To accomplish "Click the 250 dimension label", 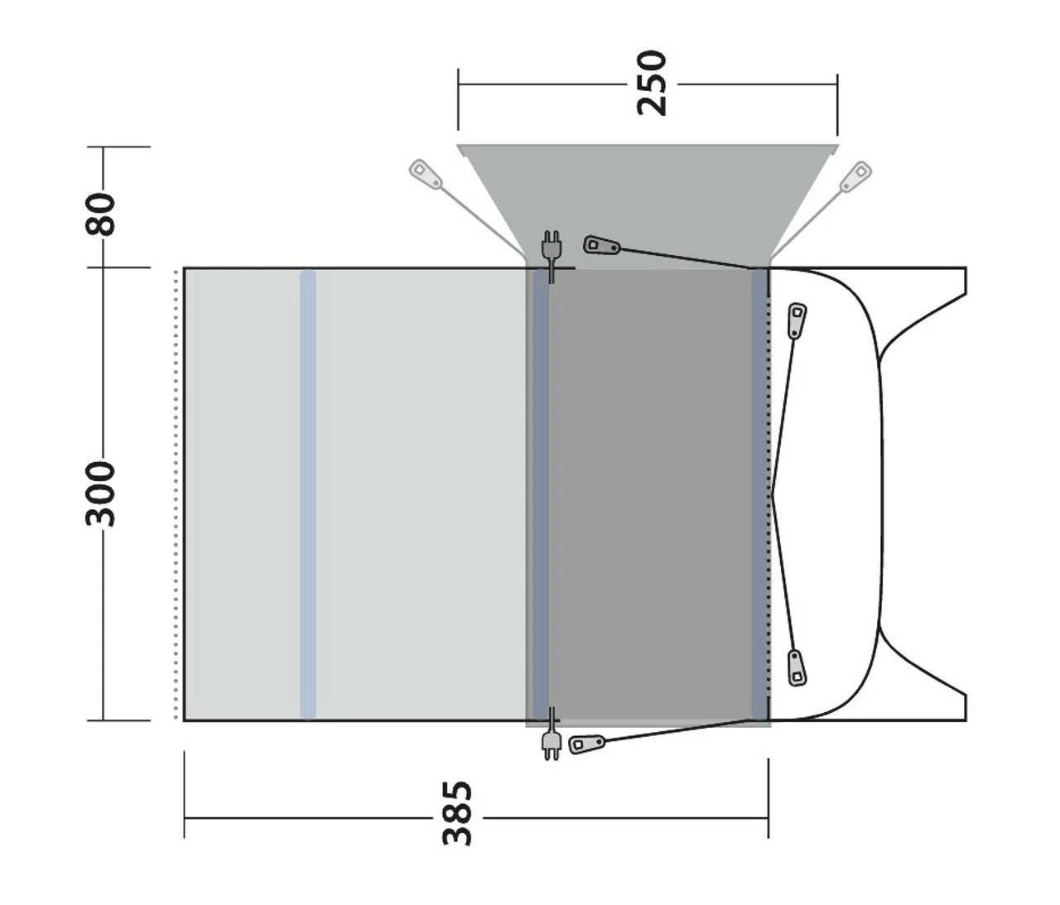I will click(x=651, y=83).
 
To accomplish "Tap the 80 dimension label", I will click(x=102, y=213).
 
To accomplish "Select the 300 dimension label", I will click(x=102, y=493).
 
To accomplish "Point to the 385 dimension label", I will click(x=457, y=813).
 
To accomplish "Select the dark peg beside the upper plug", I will click(x=600, y=246).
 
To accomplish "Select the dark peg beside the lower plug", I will click(x=587, y=744).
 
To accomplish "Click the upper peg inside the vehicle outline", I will click(x=797, y=320).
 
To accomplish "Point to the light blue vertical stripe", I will click(x=308, y=493).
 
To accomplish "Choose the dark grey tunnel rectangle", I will click(x=650, y=493).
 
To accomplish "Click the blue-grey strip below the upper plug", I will click(x=540, y=493).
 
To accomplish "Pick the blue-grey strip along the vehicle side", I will click(x=759, y=493).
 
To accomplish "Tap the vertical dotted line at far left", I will click(x=176, y=493).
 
